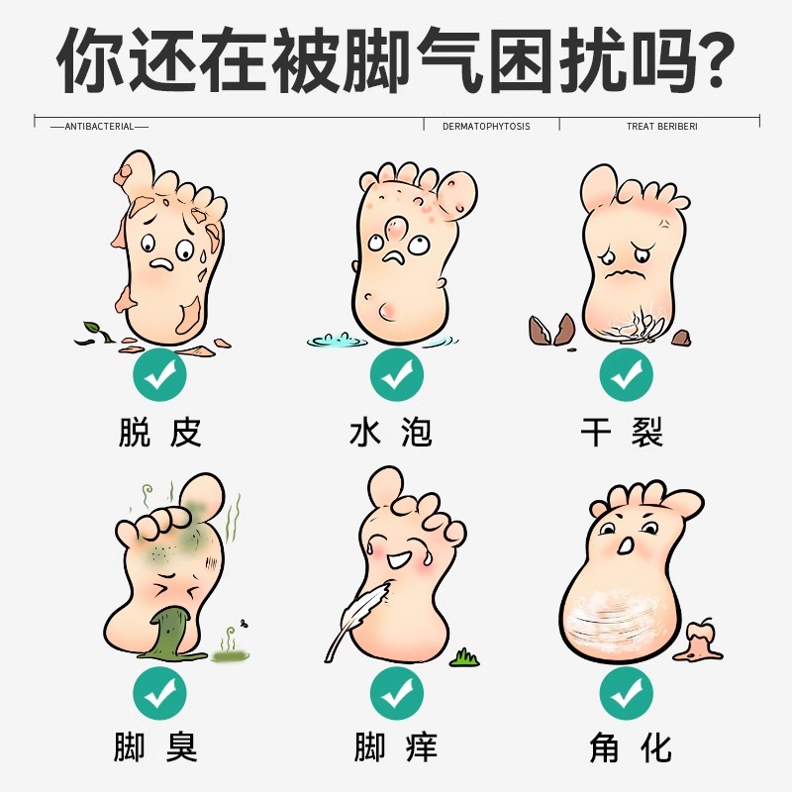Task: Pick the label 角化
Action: pyautogui.click(x=625, y=746)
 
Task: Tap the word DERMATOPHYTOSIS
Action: pyautogui.click(x=486, y=127)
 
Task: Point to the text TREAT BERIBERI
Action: pyautogui.click(x=661, y=127)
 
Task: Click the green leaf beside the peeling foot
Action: pyautogui.click(x=90, y=335)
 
